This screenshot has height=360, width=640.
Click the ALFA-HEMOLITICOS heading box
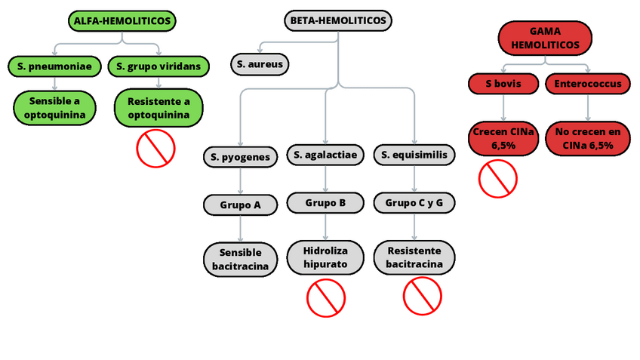click(x=122, y=20)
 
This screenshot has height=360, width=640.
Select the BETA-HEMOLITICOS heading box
click(x=338, y=20)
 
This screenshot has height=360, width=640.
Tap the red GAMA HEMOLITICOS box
click(x=545, y=38)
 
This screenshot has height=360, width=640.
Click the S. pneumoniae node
click(x=54, y=66)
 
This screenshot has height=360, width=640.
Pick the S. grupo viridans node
click(x=158, y=66)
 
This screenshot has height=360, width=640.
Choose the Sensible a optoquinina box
click(x=54, y=108)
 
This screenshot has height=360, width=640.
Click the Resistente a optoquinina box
click(x=158, y=108)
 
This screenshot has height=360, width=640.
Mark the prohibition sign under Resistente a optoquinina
click(x=155, y=148)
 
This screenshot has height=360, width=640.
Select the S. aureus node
click(x=260, y=64)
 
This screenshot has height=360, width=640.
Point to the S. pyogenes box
click(x=240, y=157)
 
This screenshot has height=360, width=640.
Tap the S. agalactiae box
click(x=325, y=155)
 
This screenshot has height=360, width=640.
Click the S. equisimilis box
click(x=414, y=155)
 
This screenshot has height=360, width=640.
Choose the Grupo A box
click(x=240, y=204)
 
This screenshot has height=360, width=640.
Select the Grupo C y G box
click(x=414, y=202)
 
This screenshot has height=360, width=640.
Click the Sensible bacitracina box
click(x=240, y=259)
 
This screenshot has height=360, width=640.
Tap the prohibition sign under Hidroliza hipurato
click(x=325, y=297)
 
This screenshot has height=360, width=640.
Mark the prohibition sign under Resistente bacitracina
click(x=422, y=296)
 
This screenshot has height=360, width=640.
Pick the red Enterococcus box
click(x=588, y=83)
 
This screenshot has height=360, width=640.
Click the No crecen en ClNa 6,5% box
click(x=588, y=139)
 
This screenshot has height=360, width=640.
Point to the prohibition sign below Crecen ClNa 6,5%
click(x=498, y=178)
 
